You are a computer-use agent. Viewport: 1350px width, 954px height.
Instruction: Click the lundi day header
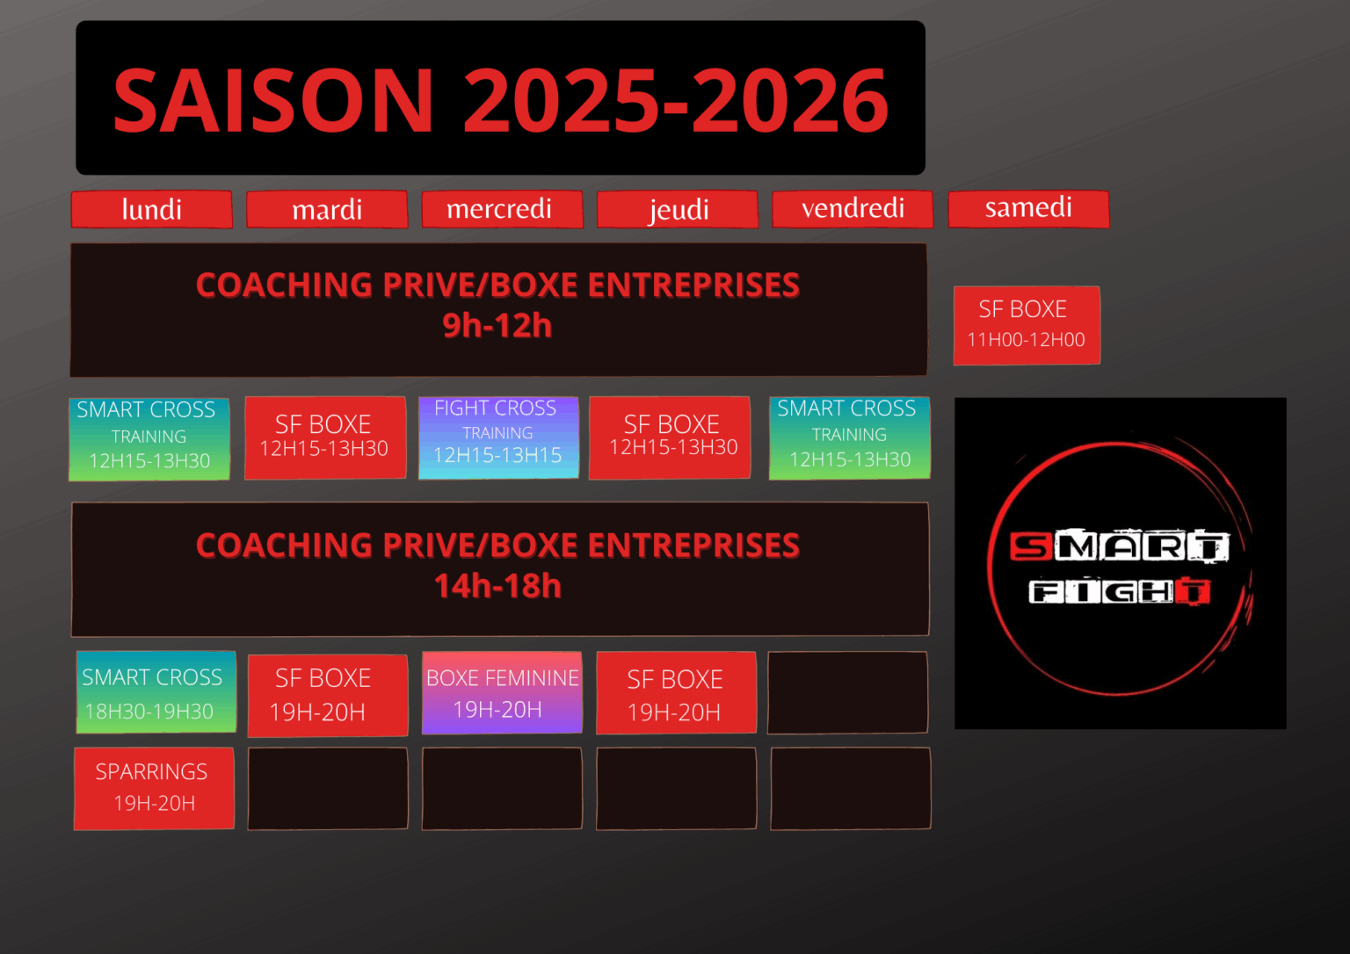tap(152, 209)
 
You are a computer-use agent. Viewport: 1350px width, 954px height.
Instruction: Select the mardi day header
tap(327, 209)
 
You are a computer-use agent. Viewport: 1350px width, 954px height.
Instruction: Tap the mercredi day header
tap(503, 209)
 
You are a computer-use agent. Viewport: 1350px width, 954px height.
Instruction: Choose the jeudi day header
tap(678, 209)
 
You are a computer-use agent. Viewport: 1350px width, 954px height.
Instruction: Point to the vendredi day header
tap(853, 209)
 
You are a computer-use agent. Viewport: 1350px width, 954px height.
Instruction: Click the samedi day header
tap(1029, 209)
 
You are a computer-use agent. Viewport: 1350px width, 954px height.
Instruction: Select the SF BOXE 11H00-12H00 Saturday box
tap(1027, 325)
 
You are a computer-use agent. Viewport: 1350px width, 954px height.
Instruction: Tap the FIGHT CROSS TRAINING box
tap(499, 437)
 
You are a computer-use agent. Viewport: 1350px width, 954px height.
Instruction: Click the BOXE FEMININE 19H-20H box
tap(502, 692)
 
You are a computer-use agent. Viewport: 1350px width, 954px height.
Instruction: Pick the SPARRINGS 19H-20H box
tap(155, 788)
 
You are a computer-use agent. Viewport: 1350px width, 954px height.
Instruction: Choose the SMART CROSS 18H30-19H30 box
tap(156, 692)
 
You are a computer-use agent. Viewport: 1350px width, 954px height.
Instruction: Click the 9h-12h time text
tap(497, 326)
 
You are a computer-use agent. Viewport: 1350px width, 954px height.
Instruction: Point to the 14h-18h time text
tap(497, 586)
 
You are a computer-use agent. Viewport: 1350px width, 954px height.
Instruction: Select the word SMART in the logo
tap(1120, 546)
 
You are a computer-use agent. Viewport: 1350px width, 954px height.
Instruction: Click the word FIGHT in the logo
tap(1120, 591)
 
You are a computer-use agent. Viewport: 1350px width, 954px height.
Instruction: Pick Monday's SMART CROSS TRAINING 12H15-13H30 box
tap(149, 439)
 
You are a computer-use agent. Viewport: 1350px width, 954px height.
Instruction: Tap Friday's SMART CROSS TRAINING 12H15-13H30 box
tap(850, 437)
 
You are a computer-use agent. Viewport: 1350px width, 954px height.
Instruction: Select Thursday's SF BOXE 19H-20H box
tap(676, 692)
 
